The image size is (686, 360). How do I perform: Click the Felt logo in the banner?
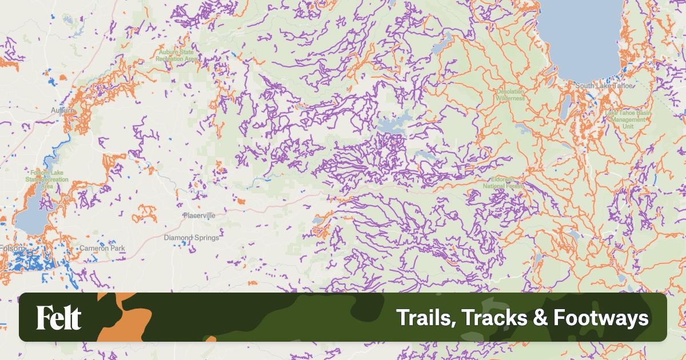point(59,318)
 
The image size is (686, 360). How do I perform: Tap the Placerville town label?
point(199,215)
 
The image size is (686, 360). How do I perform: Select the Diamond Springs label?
point(191,237)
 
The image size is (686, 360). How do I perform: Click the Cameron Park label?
point(102,249)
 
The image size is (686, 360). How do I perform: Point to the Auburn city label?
point(62,110)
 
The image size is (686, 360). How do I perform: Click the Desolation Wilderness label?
point(510,94)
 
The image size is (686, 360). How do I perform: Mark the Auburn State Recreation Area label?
point(178,55)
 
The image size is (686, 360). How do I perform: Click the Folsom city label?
point(13,249)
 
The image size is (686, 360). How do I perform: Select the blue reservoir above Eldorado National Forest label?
point(391,125)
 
